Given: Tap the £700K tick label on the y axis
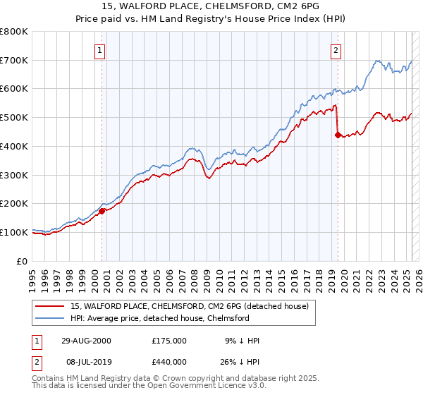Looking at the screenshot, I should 14,60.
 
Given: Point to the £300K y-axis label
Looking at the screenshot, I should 14,175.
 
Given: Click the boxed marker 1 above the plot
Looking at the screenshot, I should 100,50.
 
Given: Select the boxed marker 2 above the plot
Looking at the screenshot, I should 336,50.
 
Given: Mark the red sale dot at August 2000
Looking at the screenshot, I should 102,210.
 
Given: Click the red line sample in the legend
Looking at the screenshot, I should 50,307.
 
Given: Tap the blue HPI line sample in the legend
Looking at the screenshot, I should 50,318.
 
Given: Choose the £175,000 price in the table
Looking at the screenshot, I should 169,341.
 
